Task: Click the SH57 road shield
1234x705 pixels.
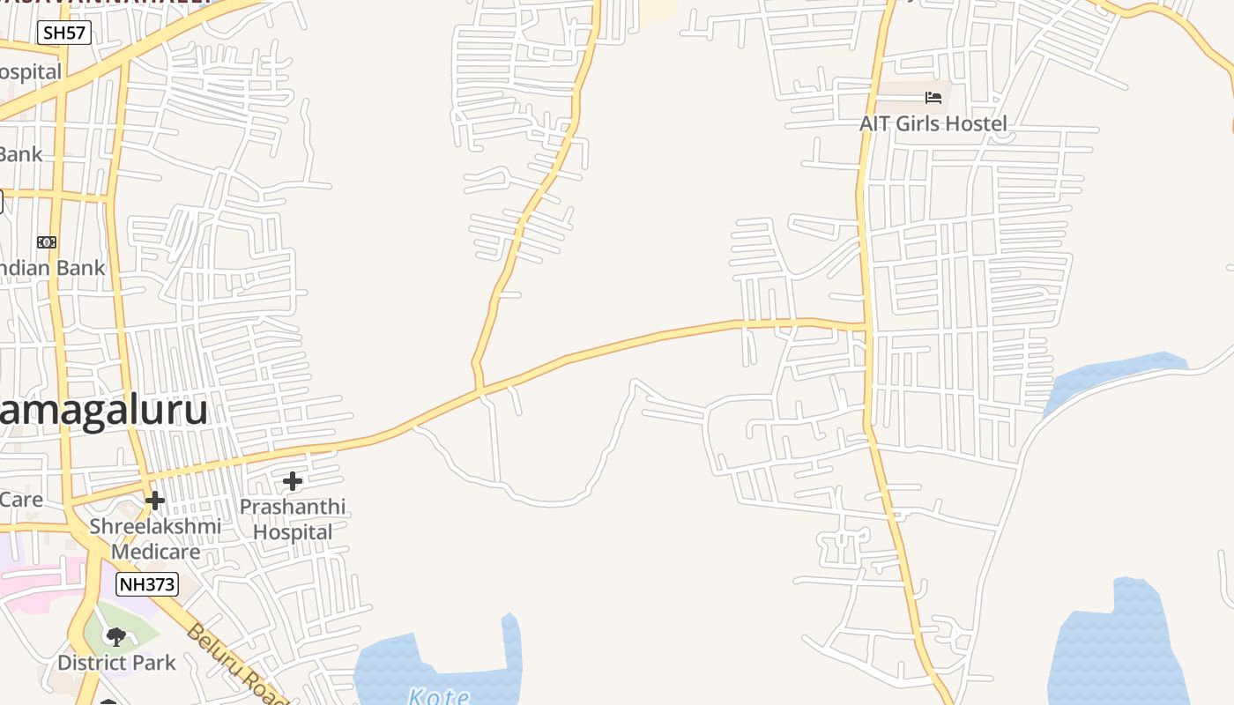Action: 64,33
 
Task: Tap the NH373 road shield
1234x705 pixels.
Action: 147,583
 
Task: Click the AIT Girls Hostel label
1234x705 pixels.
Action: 933,123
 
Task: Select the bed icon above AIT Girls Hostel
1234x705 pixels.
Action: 933,97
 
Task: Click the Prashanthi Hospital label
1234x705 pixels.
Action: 293,519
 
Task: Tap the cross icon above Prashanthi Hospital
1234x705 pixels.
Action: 293,481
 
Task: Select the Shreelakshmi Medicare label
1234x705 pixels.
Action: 155,538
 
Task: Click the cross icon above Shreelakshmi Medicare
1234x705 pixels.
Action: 155,501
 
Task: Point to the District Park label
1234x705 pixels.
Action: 116,663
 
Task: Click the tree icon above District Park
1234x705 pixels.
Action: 115,636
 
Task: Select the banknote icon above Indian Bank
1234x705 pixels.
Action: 47,241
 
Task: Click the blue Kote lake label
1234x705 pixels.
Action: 439,696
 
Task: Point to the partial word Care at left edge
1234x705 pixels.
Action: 20,500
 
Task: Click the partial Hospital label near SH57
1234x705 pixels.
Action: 30,71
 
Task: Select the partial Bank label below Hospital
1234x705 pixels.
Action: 20,154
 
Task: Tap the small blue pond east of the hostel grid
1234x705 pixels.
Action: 1115,375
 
